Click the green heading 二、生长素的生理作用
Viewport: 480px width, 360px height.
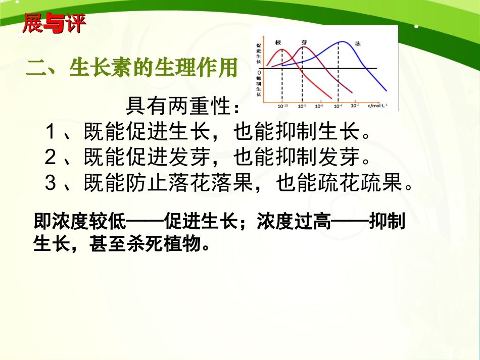tap(132, 68)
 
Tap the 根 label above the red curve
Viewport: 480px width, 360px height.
tap(278, 43)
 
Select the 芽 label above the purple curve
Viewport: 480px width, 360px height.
tap(304, 43)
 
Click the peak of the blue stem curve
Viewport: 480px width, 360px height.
tap(341, 42)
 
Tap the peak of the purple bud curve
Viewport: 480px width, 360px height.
tap(303, 48)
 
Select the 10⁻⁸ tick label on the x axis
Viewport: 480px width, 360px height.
tap(302, 106)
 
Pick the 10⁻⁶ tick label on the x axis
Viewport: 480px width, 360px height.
tap(319, 106)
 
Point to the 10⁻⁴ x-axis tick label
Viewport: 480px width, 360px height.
tap(337, 106)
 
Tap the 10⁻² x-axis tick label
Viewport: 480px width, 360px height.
tap(355, 106)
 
